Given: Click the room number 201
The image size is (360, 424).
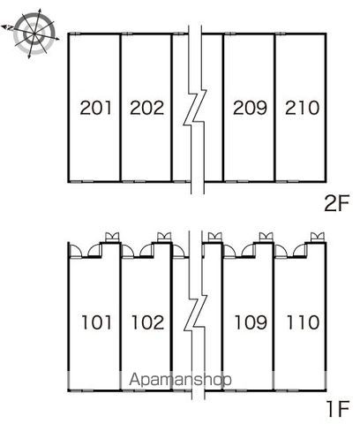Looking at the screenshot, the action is click(96, 108).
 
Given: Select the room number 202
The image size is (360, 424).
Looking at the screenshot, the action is click(146, 108).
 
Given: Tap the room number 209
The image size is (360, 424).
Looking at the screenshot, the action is click(250, 108).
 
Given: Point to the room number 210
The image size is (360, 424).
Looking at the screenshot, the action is click(302, 108).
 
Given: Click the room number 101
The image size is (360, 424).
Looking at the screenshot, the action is click(96, 322).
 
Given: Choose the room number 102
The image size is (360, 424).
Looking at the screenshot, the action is click(147, 322).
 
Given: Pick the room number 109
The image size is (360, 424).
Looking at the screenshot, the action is click(251, 322).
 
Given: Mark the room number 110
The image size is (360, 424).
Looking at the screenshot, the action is click(303, 322).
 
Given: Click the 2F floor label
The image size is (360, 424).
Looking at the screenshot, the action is click(336, 203).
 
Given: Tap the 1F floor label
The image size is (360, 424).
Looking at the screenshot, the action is click(338, 409).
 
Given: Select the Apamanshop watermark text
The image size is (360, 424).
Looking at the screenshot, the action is click(180, 379).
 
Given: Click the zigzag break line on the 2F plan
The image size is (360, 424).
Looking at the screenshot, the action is click(196, 109).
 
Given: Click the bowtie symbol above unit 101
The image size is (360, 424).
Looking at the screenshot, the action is click(112, 237).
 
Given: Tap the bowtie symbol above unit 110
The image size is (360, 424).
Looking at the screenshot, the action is click(318, 237).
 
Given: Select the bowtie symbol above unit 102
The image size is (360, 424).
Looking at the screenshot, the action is click(164, 237).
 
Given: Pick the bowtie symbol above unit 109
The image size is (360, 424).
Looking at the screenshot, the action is click(266, 237).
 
